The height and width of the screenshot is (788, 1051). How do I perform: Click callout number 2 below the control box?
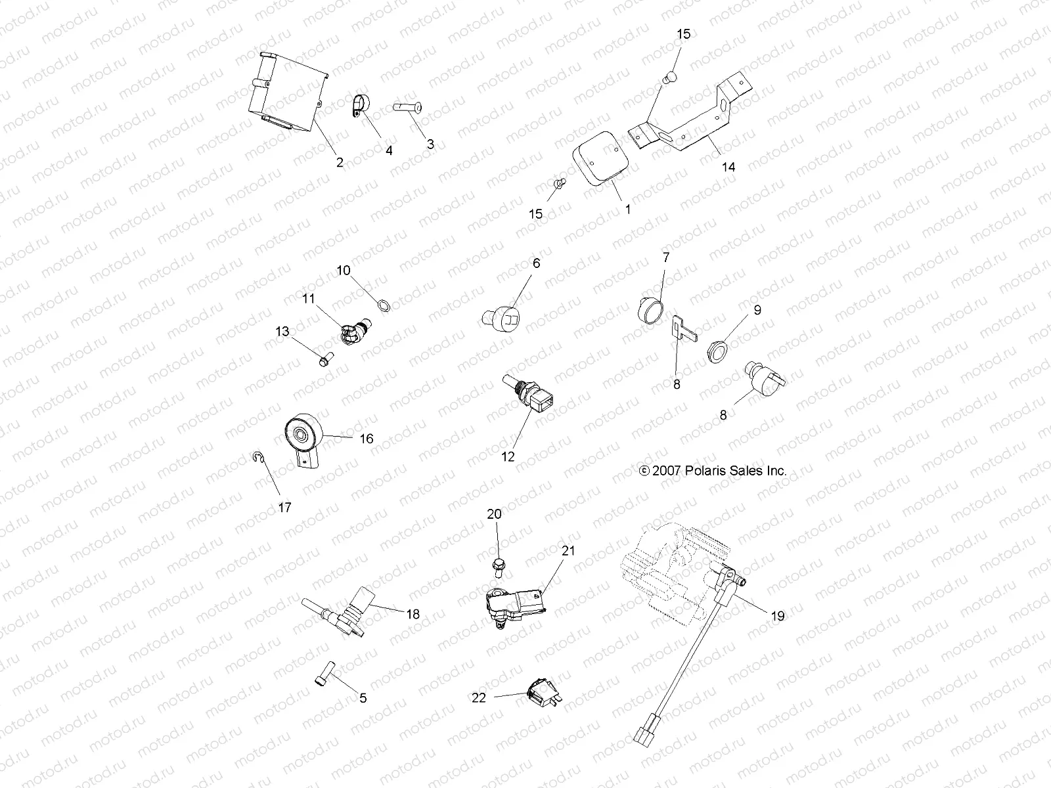point(340,162)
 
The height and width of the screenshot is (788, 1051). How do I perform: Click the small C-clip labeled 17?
point(258,458)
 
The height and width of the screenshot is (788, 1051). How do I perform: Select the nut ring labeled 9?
point(719,351)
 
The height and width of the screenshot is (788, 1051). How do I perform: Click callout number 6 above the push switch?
point(536,263)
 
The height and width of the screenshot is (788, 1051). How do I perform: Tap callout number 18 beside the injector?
point(413,614)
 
